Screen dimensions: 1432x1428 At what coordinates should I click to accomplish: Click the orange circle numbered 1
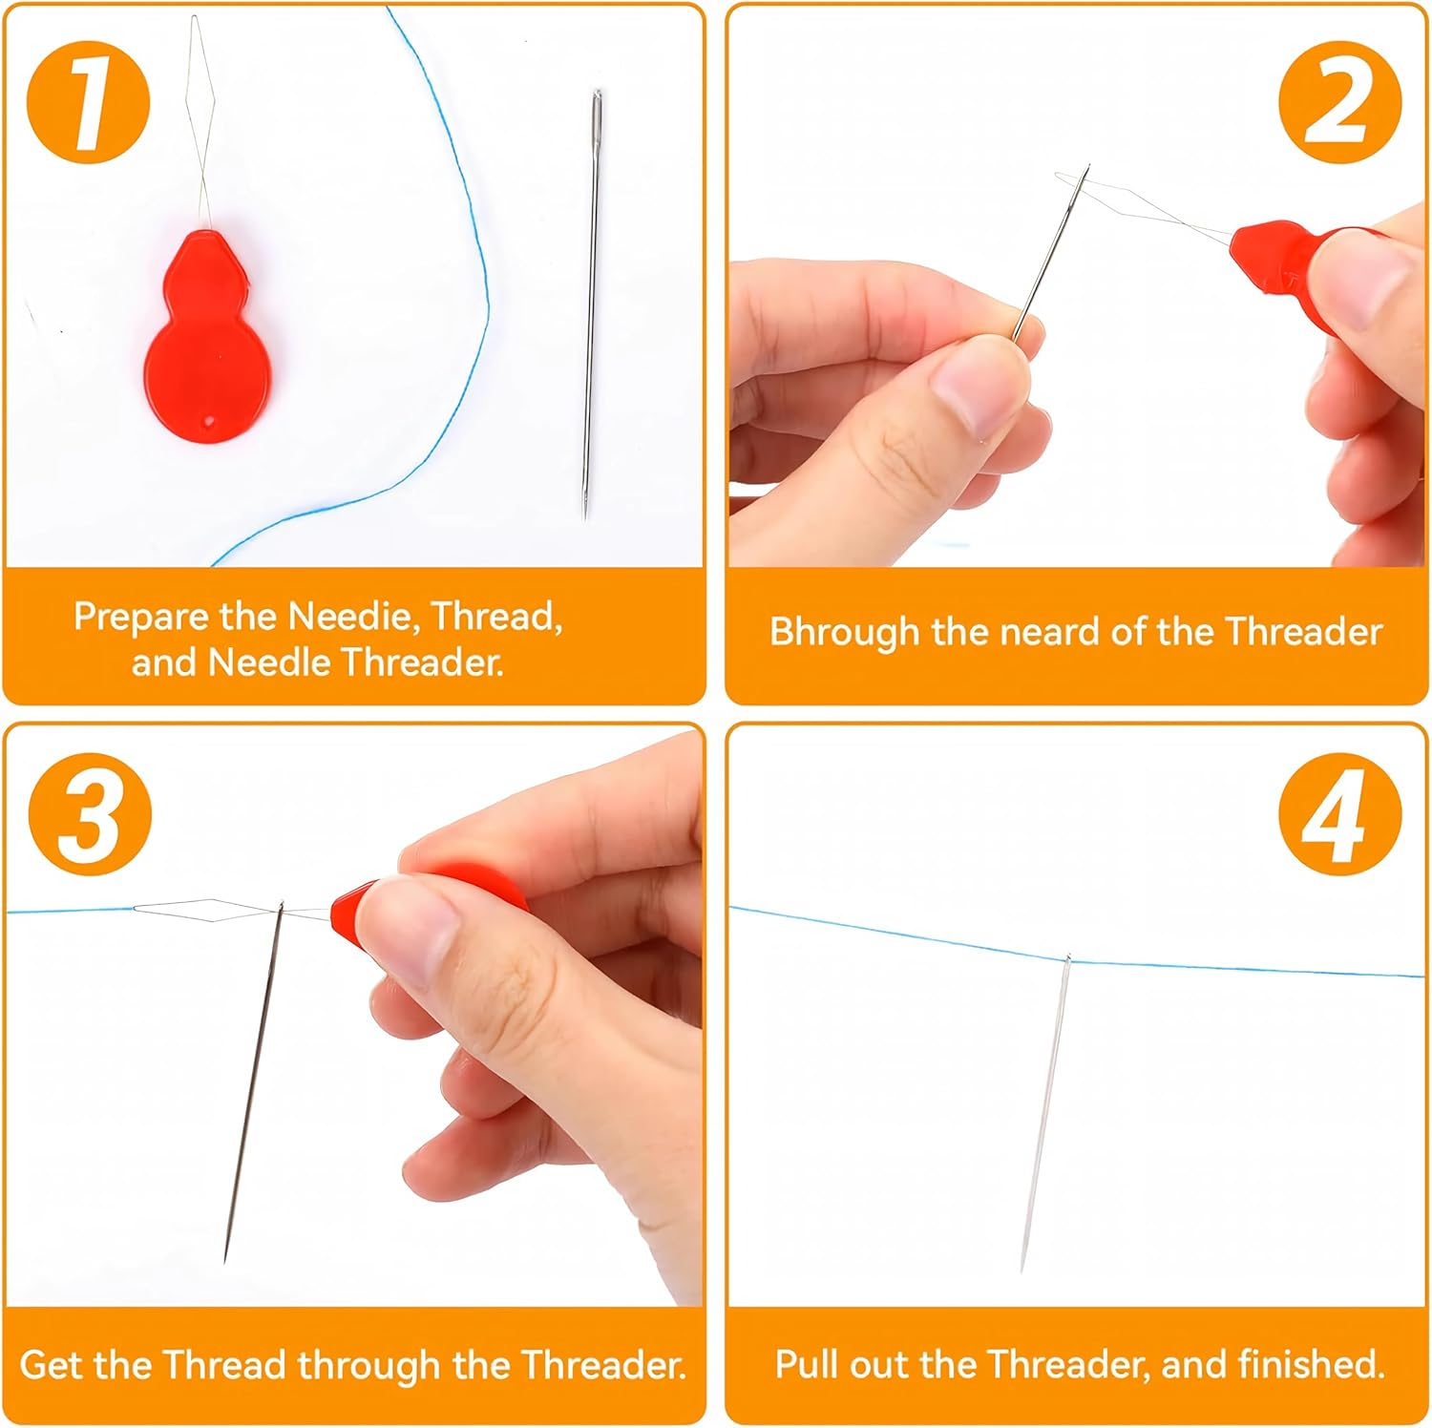pos(89,101)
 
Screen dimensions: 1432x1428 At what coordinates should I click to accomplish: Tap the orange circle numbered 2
pos(1340,101)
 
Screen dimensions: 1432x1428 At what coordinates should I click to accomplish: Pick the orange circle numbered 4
pos(1340,815)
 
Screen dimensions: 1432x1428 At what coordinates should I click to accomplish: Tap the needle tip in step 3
pos(225,1258)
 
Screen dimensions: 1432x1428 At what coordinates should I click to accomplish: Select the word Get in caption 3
pos(53,1365)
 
